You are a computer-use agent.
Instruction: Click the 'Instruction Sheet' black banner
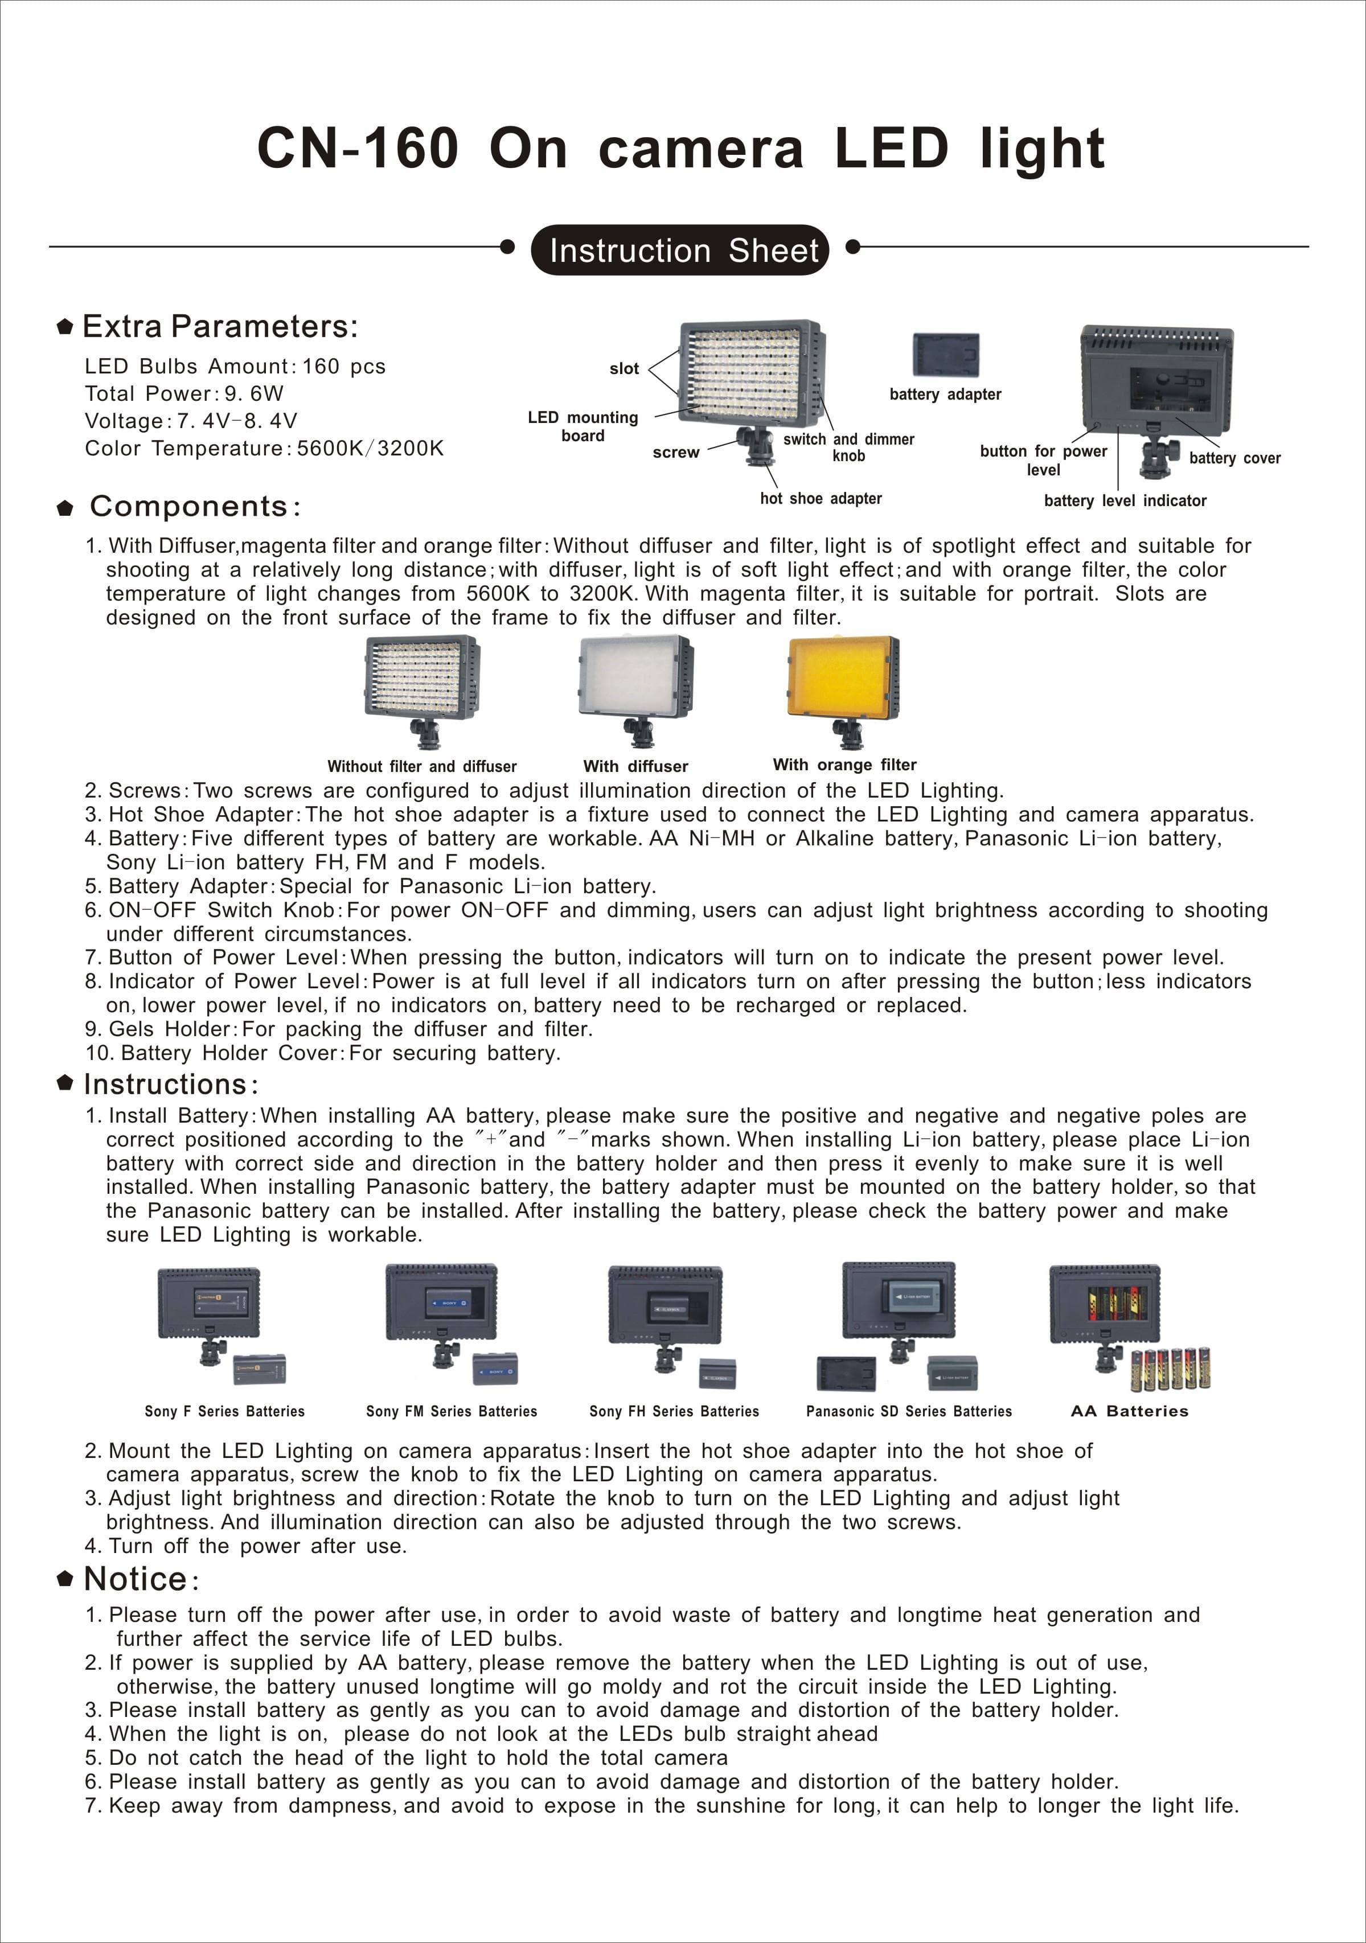[680, 250]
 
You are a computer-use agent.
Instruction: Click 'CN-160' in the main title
[358, 148]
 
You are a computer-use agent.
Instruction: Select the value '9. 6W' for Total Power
[254, 393]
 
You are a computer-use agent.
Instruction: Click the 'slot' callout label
[623, 368]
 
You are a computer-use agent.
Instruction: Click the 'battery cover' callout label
[1235, 458]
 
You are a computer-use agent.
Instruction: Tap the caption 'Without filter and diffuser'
[422, 766]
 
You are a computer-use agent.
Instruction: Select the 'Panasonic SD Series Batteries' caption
[909, 1411]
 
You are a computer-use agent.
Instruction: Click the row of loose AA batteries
[1171, 1369]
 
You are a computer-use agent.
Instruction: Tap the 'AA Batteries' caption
[1130, 1411]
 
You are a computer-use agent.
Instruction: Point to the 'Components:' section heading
[195, 506]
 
